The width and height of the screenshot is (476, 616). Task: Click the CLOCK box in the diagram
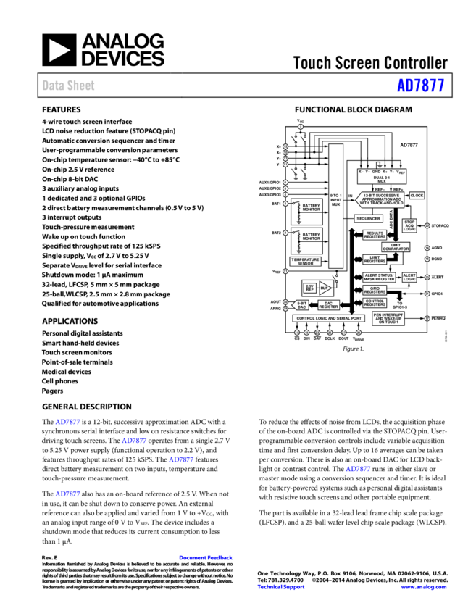coord(417,196)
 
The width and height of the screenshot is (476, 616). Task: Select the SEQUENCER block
coord(368,218)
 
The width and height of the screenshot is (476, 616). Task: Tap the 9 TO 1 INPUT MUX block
coord(335,201)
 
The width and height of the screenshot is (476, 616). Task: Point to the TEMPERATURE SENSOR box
coord(305,261)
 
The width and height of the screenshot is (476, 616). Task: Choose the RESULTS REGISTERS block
coord(375,234)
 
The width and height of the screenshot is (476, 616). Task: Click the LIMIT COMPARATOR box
coord(396,247)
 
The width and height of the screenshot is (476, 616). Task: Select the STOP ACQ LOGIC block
coord(409,226)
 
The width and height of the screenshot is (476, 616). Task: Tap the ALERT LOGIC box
coord(409,278)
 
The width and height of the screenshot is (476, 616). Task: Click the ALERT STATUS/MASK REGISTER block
coord(379,278)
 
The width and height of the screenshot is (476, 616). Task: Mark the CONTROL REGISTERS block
coord(375,302)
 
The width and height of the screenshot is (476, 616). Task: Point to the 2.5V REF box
coord(309,287)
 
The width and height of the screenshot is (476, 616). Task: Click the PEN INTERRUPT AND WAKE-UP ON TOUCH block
coord(391,319)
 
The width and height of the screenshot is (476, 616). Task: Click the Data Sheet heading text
coord(68,86)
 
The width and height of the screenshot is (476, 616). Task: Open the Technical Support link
coord(281,587)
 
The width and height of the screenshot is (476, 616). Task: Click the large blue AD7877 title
coord(420,86)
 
